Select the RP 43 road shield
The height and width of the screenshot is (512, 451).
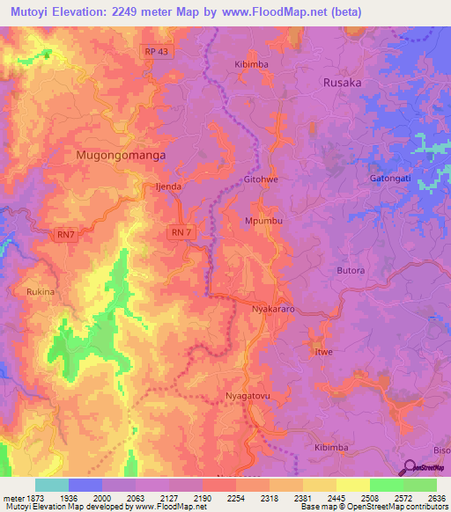[x=157, y=52]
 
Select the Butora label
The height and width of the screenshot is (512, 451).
[x=351, y=271]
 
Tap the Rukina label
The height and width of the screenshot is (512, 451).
[x=41, y=292]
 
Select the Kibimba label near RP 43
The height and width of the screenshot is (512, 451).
[x=251, y=64]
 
